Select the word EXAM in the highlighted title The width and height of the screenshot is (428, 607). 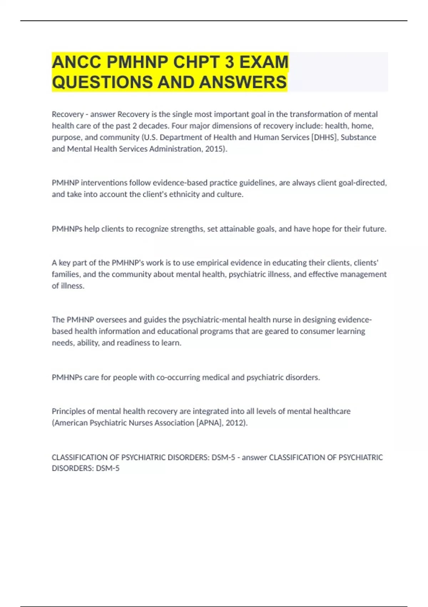click(x=264, y=62)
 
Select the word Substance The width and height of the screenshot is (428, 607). click(x=358, y=137)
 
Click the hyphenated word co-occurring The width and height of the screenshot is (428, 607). click(x=178, y=377)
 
